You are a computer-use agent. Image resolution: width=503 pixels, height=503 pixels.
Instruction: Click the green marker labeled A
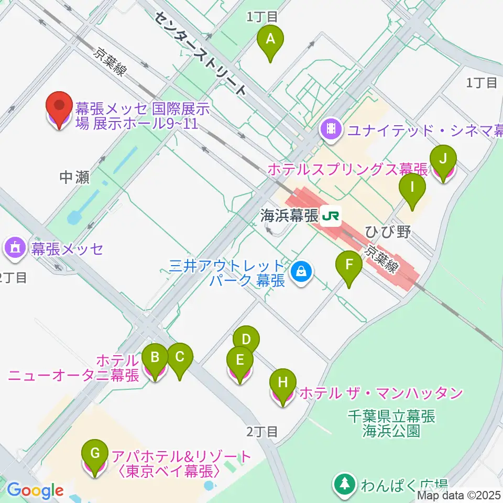click(x=270, y=39)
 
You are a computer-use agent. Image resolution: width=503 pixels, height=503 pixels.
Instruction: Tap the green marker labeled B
click(x=155, y=357)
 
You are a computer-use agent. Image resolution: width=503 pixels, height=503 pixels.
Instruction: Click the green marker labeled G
click(x=95, y=453)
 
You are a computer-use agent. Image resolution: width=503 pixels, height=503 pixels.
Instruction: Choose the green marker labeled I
click(x=412, y=187)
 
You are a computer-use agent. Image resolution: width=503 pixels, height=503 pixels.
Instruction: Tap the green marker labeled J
click(x=443, y=158)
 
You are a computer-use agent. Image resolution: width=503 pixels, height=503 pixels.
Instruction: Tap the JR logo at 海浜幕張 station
click(x=331, y=215)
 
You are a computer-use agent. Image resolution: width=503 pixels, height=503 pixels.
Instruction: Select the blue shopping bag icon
click(x=301, y=272)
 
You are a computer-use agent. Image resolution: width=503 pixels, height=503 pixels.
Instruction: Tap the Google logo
click(x=35, y=491)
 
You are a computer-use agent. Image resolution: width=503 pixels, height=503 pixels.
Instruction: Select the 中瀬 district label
click(x=74, y=178)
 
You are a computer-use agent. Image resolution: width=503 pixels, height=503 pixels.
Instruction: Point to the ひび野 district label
click(x=388, y=232)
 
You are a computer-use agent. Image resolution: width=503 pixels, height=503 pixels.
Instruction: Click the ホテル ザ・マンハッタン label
click(x=381, y=392)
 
